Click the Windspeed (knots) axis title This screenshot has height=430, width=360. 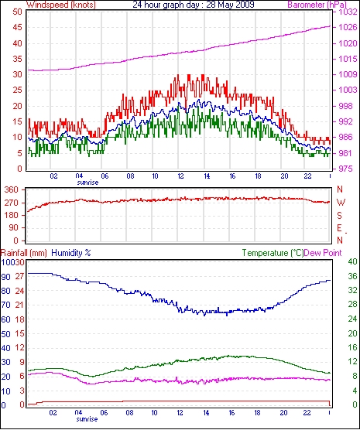tap(61, 5)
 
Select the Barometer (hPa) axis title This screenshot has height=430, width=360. tap(317, 5)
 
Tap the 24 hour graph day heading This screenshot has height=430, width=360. tap(194, 5)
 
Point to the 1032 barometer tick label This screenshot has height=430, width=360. tap(348, 12)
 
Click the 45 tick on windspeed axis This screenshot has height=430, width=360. tap(18, 28)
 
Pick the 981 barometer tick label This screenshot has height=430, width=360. tap(345, 153)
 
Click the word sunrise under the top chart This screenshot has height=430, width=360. tap(87, 183)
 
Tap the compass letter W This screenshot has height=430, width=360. tap(341, 203)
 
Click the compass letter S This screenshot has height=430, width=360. tap(340, 216)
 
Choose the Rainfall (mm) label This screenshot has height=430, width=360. tap(24, 253)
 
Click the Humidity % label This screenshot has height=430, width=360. tap(71, 253)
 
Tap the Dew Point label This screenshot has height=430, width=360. tap(323, 253)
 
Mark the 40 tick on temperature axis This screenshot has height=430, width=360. tap(352, 261)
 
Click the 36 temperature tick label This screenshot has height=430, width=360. tap(352, 276)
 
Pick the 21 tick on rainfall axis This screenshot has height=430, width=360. tap(19, 305)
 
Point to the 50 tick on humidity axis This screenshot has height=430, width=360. tap(5, 334)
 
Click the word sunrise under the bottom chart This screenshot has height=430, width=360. tap(87, 419)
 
